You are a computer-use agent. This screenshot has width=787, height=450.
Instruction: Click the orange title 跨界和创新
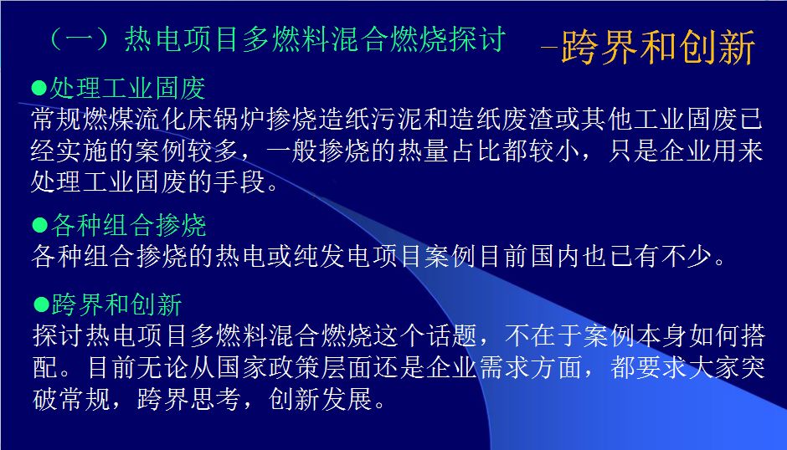pos(659,47)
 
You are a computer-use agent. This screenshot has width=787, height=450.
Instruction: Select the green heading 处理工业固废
pos(127,89)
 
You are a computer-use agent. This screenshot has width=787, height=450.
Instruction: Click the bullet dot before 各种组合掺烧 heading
pos(39,225)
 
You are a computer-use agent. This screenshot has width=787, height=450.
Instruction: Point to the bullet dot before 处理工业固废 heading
pos(39,89)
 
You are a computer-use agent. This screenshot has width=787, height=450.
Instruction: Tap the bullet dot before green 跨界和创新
pos(41,304)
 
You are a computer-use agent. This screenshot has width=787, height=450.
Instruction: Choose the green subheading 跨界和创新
pos(116,304)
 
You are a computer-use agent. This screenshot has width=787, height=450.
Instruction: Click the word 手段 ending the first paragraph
pos(239,182)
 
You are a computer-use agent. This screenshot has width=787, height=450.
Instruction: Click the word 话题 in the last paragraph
pos(451,335)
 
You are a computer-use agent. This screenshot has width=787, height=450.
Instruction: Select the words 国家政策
pos(269,367)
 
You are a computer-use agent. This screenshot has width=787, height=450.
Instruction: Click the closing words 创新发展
pos(321,399)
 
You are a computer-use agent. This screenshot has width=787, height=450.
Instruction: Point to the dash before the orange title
pos(549,49)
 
